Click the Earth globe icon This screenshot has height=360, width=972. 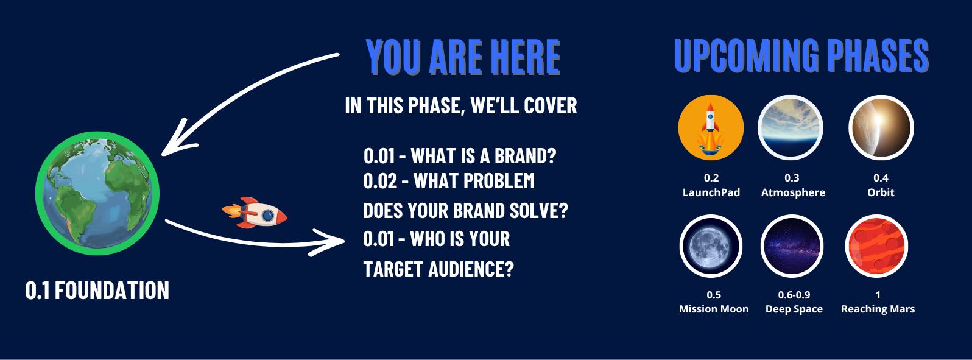97,193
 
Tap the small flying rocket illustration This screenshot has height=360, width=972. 255,213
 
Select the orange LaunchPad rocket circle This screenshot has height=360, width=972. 711,128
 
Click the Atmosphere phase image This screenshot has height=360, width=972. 790,128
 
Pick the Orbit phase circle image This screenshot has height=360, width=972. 881,128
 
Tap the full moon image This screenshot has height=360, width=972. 711,246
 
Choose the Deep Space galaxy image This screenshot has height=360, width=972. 792,246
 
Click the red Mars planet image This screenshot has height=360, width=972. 876,246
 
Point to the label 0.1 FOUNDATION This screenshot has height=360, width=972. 97,291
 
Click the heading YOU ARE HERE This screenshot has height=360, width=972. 463,57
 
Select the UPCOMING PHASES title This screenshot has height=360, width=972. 801,55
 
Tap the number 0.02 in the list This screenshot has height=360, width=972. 380,181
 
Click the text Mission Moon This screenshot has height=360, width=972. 714,309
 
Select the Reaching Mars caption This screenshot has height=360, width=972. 878,309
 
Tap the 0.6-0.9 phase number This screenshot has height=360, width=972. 794,295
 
